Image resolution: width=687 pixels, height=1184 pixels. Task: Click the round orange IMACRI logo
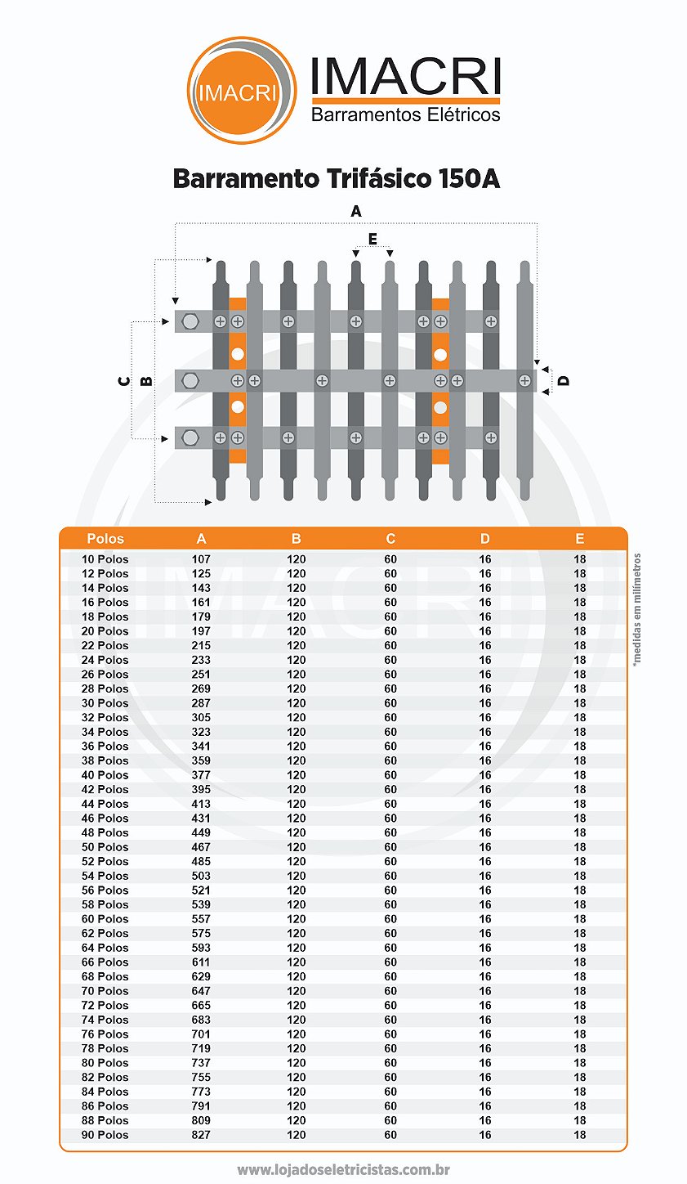[x=241, y=91]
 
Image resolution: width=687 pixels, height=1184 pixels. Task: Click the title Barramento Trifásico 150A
[x=337, y=178]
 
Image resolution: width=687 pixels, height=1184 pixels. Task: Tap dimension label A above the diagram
[x=356, y=212]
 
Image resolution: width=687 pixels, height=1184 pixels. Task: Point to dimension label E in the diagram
[x=372, y=239]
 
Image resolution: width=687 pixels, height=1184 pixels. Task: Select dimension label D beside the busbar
[x=564, y=380]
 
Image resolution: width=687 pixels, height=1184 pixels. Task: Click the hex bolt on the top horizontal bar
[x=190, y=321]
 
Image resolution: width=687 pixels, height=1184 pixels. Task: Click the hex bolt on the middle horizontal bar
[x=190, y=380]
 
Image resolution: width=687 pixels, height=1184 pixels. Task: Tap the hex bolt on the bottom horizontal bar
[x=190, y=437]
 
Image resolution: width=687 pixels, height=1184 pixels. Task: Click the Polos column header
[x=105, y=539]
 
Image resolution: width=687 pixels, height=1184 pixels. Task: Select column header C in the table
[x=390, y=539]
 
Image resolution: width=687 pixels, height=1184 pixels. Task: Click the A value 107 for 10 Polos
[x=201, y=559]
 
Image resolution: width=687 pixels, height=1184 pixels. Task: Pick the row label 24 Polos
[x=105, y=660]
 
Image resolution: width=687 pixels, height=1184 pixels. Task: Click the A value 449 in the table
[x=201, y=832]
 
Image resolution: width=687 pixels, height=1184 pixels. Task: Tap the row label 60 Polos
[x=105, y=919]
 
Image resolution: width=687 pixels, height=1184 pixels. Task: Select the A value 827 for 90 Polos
[x=201, y=1135]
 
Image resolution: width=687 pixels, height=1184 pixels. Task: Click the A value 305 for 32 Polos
[x=201, y=717]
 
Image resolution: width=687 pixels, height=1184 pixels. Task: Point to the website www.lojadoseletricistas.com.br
[x=344, y=1170]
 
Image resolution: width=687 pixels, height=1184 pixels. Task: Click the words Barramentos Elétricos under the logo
[x=405, y=114]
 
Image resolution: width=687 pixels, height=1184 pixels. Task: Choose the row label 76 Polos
[x=105, y=1034]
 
